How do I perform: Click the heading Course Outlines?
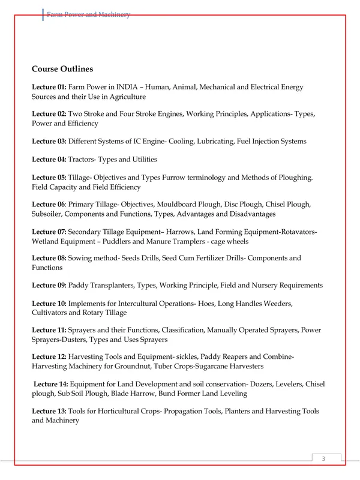(x=62, y=69)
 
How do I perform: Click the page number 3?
(x=323, y=459)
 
